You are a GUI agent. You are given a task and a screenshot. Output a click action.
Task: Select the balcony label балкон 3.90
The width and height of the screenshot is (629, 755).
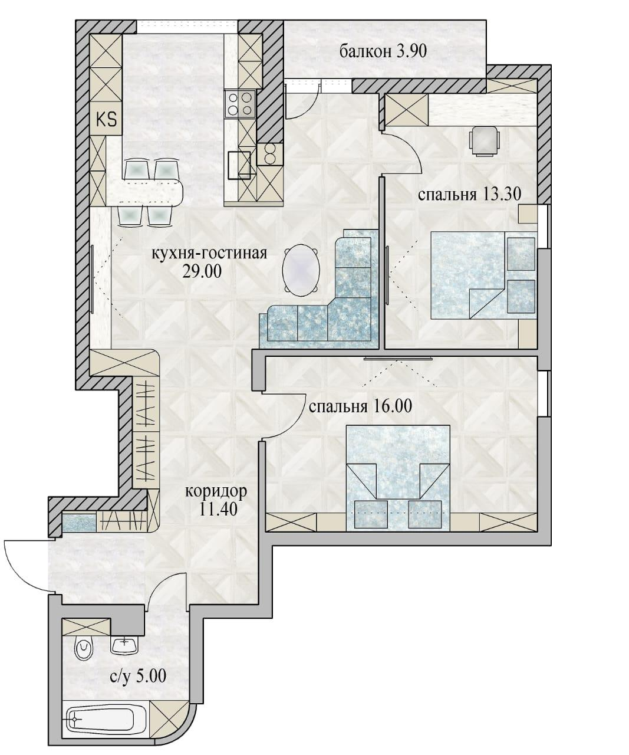[x=383, y=52]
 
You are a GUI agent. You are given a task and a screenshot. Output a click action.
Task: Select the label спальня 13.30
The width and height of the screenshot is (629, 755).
[x=469, y=195]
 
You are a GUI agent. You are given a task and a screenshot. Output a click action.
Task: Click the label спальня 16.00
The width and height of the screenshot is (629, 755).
[x=360, y=407]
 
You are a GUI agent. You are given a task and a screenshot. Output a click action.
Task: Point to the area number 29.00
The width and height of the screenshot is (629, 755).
[x=202, y=272]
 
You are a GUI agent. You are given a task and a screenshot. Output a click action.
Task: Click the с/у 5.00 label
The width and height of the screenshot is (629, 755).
[x=138, y=676]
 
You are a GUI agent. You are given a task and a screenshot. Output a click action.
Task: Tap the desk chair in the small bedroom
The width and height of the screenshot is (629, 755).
[x=485, y=141]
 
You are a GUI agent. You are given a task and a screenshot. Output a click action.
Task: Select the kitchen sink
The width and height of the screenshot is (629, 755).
[x=239, y=165]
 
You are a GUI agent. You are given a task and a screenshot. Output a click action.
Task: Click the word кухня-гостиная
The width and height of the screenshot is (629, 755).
[x=209, y=254]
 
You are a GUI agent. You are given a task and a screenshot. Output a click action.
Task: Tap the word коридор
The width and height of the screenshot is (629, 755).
[x=216, y=492]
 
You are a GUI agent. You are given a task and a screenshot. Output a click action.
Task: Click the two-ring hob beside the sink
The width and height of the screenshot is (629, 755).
[x=269, y=154]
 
